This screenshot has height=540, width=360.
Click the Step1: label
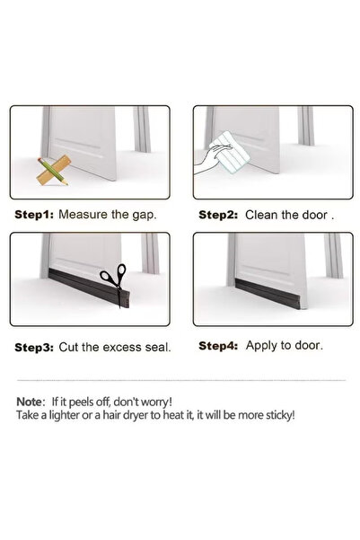pyautogui.click(x=34, y=215)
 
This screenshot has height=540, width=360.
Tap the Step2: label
pyautogui.click(x=218, y=215)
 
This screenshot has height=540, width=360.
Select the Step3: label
pyautogui.click(x=34, y=347)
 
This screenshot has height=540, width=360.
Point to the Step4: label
pyautogui.click(x=218, y=345)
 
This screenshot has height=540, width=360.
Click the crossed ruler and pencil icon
pyautogui.click(x=53, y=171)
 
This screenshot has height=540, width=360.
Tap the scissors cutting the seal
pyautogui.click(x=115, y=280)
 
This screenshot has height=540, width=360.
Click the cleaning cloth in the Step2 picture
pyautogui.click(x=230, y=152)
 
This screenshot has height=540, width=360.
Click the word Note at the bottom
pyautogui.click(x=30, y=402)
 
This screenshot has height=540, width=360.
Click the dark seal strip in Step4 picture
pyautogui.click(x=267, y=293)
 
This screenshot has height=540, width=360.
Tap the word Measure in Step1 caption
pyautogui.click(x=83, y=215)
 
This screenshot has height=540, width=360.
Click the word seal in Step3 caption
pyautogui.click(x=158, y=347)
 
